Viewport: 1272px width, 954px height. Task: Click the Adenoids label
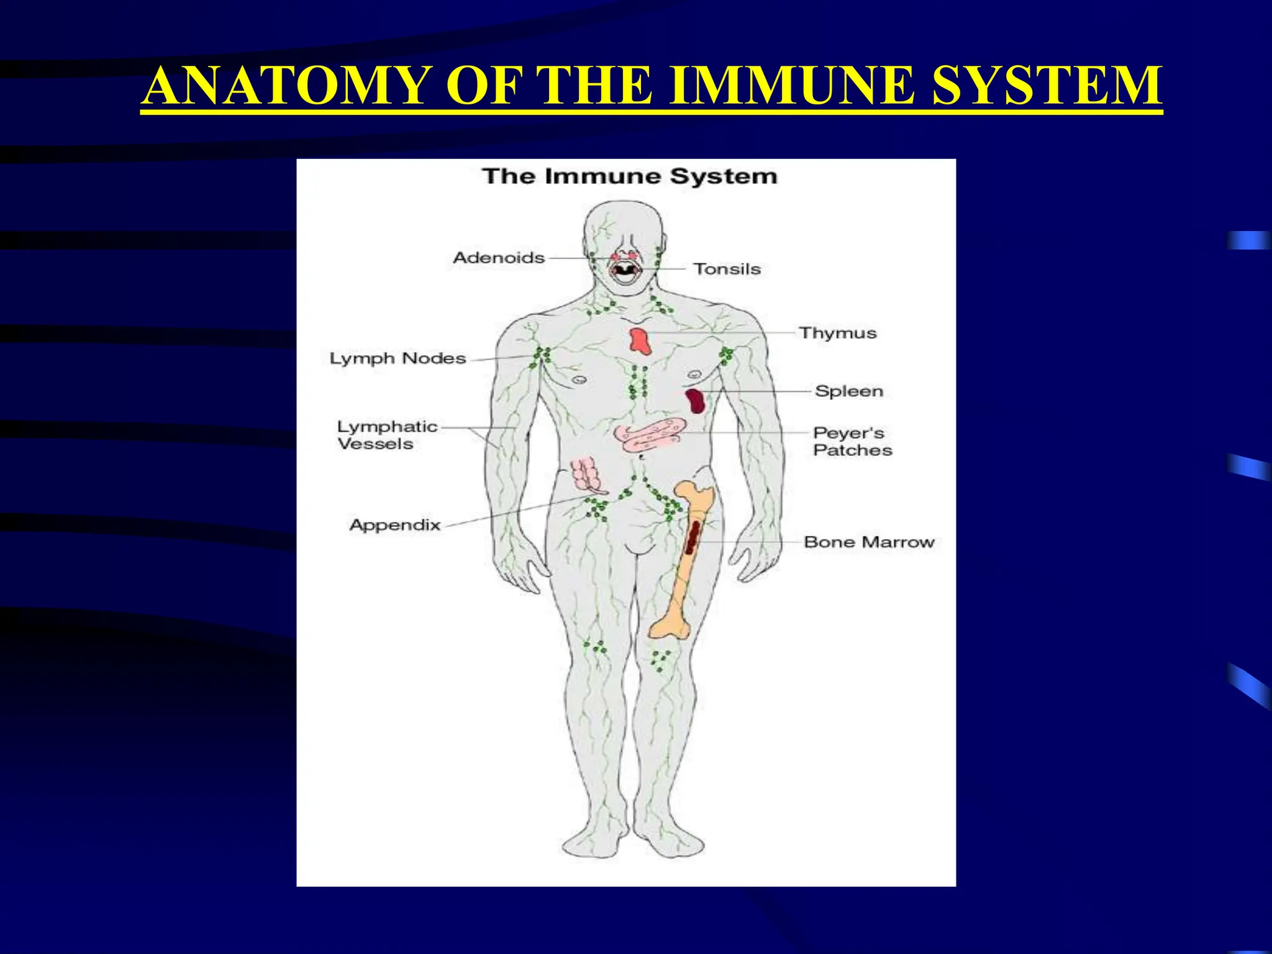point(499,257)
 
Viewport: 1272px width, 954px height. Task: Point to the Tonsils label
point(727,269)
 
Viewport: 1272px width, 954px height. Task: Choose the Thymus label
point(838,333)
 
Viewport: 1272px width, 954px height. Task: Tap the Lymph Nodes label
point(397,358)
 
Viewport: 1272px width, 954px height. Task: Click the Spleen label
point(849,391)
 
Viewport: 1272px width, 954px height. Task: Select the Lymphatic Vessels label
point(387,435)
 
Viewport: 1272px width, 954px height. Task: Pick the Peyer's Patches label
point(852,441)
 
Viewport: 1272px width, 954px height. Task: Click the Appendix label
point(395,525)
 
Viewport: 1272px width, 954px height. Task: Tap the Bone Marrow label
point(869,542)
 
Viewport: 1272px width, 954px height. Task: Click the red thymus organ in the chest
point(640,341)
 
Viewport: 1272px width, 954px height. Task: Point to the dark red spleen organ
point(696,401)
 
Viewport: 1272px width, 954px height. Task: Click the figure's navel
point(640,457)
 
